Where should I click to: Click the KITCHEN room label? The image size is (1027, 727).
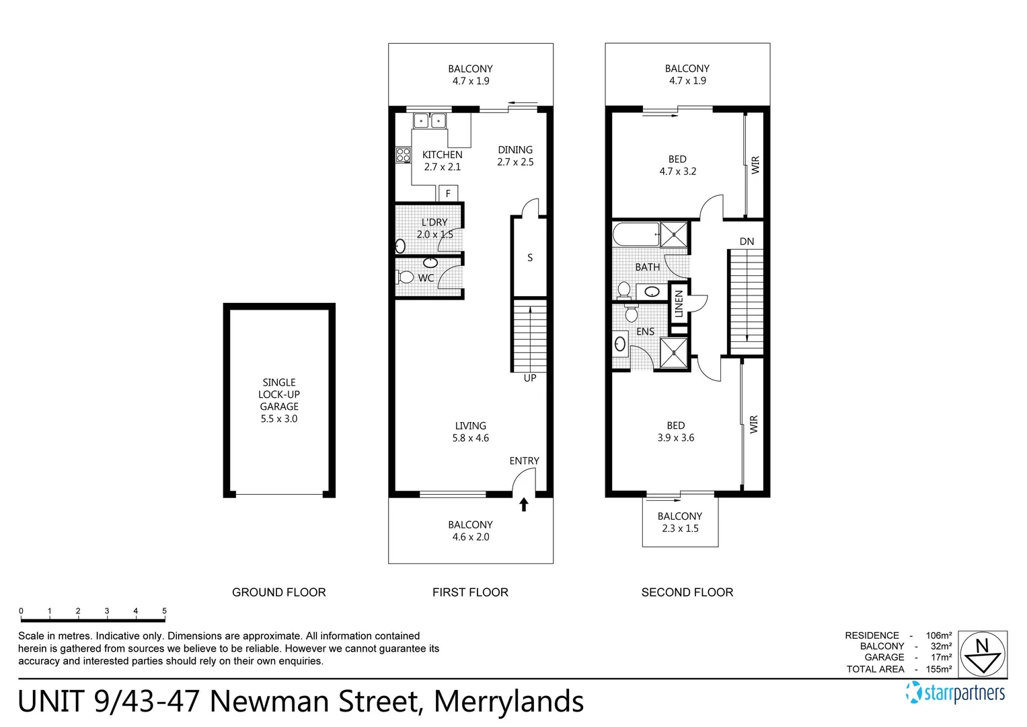tap(442, 155)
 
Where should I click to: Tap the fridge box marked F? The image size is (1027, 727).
tap(448, 194)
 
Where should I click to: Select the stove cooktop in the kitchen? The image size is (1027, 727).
tap(403, 155)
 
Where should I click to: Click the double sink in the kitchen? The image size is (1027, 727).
tap(430, 121)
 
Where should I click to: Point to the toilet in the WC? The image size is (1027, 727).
tap(405, 277)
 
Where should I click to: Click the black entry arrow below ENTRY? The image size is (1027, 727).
tap(523, 504)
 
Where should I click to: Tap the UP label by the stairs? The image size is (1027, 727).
tap(530, 378)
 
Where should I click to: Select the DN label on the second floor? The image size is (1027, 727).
tap(747, 242)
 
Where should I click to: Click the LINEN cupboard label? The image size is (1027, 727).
tap(679, 304)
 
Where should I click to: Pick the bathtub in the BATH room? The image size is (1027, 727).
tap(636, 235)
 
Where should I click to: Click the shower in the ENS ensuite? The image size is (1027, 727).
tap(674, 353)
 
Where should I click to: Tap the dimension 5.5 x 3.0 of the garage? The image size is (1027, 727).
tap(279, 419)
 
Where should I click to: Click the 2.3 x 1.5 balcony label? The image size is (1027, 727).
tap(680, 528)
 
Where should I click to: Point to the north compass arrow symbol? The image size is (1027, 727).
tap(983, 654)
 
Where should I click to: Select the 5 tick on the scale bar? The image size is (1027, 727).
tap(164, 611)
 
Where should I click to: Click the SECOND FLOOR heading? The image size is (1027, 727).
tap(687, 592)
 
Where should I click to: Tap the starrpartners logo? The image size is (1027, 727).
tap(956, 693)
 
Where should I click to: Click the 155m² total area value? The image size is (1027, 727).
tap(938, 669)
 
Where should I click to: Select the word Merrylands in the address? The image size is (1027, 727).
tap(508, 701)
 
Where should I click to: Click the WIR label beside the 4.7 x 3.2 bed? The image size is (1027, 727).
tap(755, 165)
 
